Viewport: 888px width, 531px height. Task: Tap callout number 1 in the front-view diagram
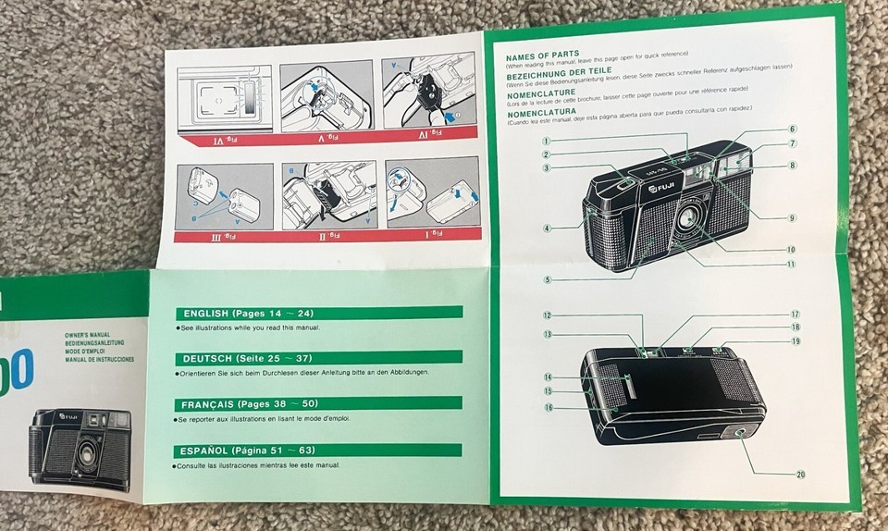pos(548,141)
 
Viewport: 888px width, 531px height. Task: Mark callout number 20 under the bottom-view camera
pos(800,475)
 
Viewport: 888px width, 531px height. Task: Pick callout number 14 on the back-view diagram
pos(548,377)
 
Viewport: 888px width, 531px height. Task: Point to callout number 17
pos(795,315)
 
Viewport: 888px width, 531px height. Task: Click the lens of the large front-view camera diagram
pos(687,218)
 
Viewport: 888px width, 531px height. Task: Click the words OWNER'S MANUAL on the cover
pos(88,332)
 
